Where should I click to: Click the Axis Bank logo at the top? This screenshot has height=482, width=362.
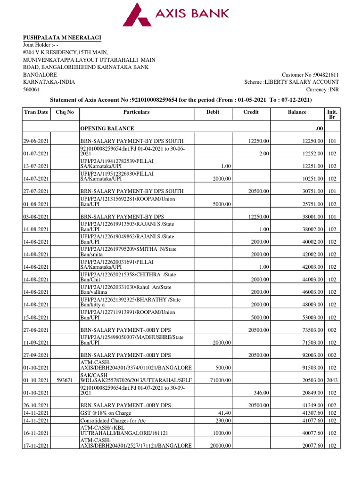pos(176,14)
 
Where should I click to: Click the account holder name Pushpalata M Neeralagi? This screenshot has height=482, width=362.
pos(63,38)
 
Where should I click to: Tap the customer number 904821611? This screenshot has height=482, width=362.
pos(310,75)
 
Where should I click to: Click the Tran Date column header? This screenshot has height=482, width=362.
pos(36,112)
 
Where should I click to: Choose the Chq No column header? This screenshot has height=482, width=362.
pos(66,112)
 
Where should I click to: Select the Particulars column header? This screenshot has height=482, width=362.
pos(136,112)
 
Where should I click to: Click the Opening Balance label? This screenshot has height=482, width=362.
pos(107,129)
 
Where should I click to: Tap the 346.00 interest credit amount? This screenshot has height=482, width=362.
pos(261,393)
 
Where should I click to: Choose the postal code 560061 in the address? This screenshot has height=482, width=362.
pos(32,89)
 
